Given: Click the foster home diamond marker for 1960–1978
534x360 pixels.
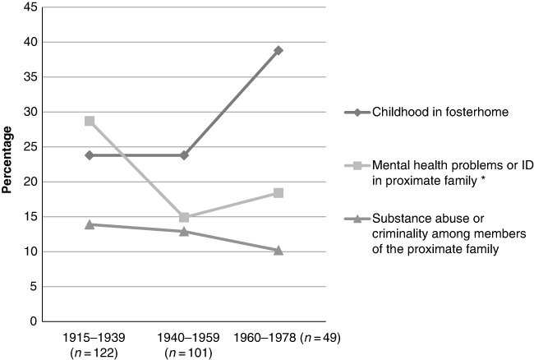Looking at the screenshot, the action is coord(279,50).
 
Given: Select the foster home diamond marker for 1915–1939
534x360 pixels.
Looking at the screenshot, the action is coord(90,155).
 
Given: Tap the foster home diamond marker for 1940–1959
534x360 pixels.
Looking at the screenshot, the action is coord(184,155).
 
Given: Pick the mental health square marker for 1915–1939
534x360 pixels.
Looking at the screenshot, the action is coord(90,121).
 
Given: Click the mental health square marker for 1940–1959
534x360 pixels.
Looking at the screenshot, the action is coord(184,217).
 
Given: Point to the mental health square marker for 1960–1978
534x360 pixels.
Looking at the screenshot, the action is coord(279,193).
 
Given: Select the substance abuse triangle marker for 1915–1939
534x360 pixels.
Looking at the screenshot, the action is coord(90,224).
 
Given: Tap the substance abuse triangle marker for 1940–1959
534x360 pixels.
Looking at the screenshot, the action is coord(184,232).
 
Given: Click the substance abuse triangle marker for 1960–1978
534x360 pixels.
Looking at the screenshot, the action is coord(279,251).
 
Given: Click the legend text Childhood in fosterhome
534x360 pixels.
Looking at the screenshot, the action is coord(440,112).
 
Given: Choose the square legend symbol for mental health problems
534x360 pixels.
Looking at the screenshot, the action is coord(357,165).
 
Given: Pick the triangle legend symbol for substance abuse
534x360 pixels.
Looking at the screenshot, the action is coord(357,219).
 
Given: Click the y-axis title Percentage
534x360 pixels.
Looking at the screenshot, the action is coord(7,159).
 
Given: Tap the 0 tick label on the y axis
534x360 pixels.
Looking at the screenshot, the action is coord(34,321).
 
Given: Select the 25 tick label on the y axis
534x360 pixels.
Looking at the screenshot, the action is coord(30,147).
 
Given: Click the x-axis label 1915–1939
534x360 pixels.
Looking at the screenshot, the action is coord(94,338).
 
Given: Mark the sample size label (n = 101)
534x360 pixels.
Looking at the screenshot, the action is coord(188,353).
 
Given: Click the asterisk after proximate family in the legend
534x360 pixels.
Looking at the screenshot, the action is coord(484,179).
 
